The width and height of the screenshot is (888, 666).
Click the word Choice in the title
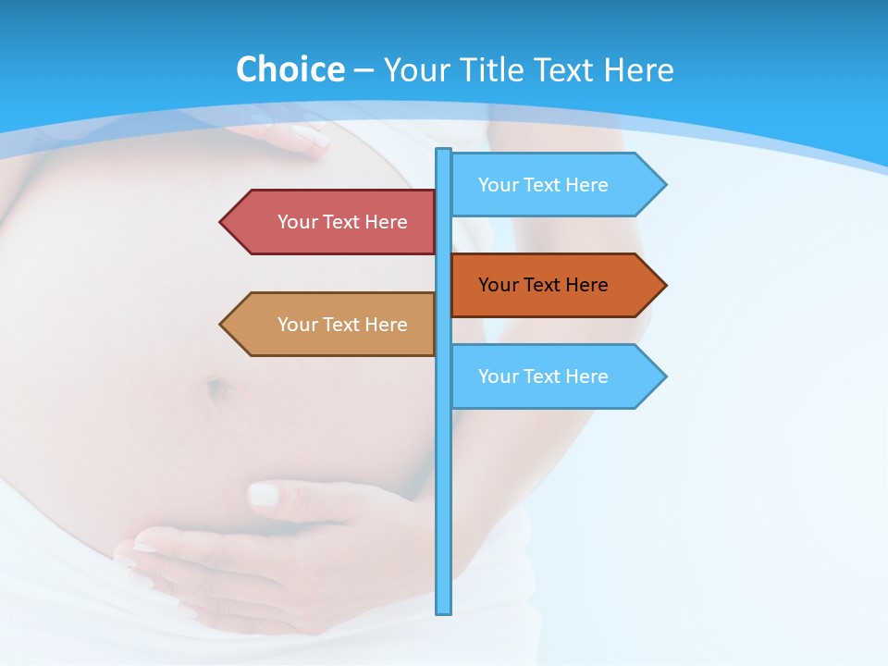click(290, 69)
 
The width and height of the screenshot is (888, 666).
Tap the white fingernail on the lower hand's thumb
click(264, 494)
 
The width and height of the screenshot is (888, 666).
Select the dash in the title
click(364, 70)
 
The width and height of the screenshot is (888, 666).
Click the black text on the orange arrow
click(543, 285)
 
